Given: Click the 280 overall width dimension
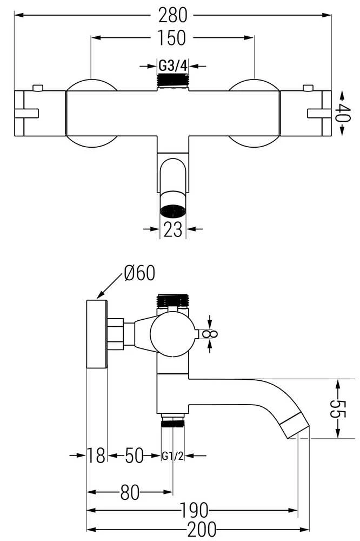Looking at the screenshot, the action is (172, 15).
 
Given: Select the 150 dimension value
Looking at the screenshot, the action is (172, 38).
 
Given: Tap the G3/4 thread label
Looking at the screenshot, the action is (173, 65).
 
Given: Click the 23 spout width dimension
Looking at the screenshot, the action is (172, 229).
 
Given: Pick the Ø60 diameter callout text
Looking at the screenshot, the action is (139, 273).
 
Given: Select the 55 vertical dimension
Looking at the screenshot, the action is (338, 408).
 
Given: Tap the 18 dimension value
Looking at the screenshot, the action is (96, 456).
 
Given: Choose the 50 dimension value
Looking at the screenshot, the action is (134, 456).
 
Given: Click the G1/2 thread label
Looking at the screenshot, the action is (173, 456).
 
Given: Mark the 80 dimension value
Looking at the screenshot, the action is (130, 492).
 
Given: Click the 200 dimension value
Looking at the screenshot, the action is (202, 529).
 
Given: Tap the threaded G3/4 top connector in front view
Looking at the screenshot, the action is (173, 81).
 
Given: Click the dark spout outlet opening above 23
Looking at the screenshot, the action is (173, 210).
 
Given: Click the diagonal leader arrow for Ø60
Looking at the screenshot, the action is (110, 286).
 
